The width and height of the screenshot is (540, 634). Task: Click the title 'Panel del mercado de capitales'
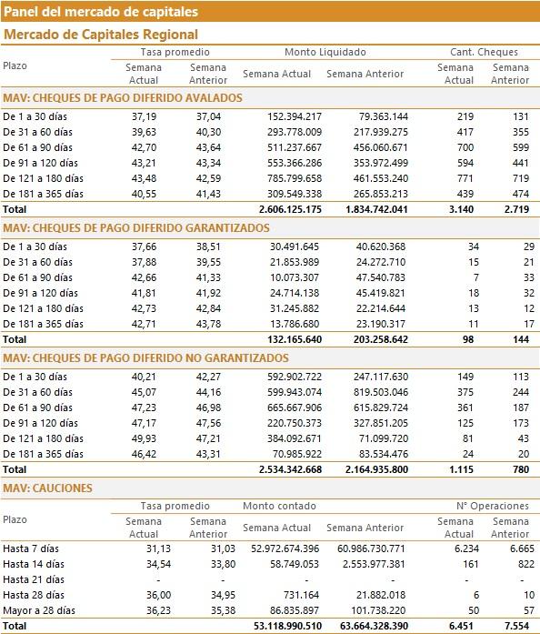point(101,12)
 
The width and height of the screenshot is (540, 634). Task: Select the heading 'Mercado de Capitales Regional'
point(101,35)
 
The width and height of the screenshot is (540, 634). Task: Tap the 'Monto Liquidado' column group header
point(325,52)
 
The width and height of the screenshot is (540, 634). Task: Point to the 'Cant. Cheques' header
point(484,52)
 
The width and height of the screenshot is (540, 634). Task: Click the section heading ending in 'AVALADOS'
point(123,98)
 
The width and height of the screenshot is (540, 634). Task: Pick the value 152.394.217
point(295,116)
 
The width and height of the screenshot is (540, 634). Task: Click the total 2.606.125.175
point(290,209)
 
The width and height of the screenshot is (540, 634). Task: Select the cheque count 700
point(465,147)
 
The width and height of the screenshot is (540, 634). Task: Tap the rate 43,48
point(144,178)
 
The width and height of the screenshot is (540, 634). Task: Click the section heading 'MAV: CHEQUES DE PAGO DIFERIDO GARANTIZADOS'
point(136,228)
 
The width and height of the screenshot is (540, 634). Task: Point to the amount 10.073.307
point(295,277)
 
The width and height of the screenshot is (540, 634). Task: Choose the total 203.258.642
point(380,339)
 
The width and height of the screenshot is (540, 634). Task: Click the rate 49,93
point(144,438)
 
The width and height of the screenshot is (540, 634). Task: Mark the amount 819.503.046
point(381,392)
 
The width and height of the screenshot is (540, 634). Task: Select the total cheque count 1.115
point(461,470)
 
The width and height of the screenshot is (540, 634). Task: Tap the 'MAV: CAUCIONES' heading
point(47,488)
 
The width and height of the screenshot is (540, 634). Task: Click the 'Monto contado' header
point(279,507)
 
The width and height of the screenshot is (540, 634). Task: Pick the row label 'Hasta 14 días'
point(34,565)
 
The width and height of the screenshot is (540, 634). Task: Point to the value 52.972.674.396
point(285,549)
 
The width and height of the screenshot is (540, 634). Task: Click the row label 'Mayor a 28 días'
point(39,610)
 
